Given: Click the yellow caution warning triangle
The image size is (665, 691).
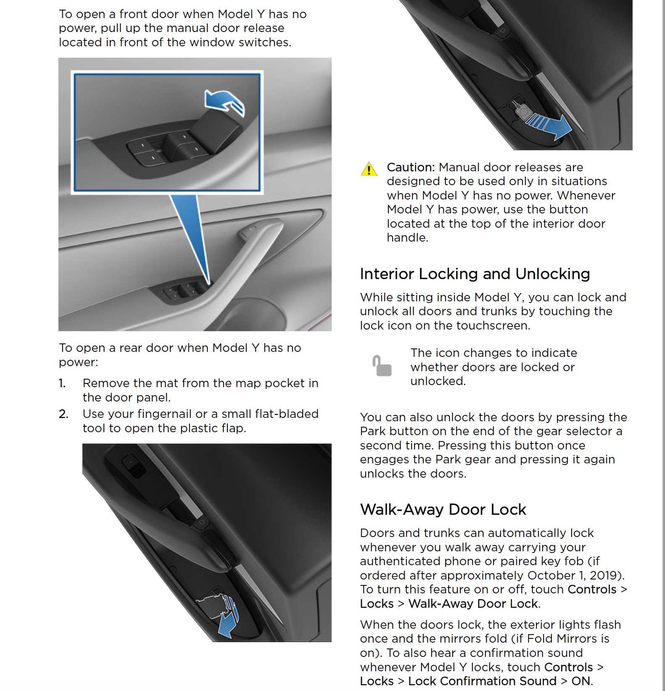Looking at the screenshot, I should click(x=369, y=169).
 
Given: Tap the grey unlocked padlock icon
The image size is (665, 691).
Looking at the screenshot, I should click(x=382, y=366).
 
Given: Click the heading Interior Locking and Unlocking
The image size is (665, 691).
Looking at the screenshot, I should click(x=475, y=274).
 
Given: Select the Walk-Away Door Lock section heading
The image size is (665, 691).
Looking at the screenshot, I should click(x=443, y=510).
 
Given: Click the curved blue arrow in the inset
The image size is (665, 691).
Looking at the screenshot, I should click(x=224, y=102).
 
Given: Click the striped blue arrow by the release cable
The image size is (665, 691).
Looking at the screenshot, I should click(x=549, y=125).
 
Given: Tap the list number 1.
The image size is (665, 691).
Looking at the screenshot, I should click(x=62, y=383).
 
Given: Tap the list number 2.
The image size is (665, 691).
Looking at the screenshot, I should click(x=63, y=414).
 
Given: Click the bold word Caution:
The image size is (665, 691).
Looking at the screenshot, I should click(x=410, y=167).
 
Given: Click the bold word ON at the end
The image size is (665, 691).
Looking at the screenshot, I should click(x=581, y=681).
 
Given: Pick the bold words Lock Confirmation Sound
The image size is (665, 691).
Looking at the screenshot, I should click(x=482, y=681).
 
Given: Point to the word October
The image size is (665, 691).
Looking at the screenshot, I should click(x=555, y=575).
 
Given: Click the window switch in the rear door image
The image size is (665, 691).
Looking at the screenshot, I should click(x=133, y=465).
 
